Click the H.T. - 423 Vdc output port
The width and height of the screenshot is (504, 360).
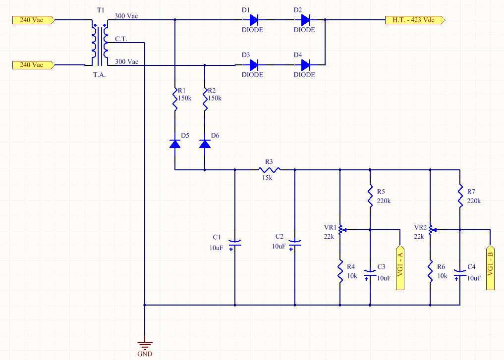415,20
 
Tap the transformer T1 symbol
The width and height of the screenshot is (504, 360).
100,43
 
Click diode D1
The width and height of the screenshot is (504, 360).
254,20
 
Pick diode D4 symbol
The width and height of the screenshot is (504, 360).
305,65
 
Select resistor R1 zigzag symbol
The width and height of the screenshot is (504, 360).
175,100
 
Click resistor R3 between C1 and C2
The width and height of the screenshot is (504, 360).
270,169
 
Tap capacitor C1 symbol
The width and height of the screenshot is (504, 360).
234,245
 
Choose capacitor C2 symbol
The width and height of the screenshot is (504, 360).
295,245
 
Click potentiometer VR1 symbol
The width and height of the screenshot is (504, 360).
341,230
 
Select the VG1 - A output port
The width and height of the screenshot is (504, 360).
400,268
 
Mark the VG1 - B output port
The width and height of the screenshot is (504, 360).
490,268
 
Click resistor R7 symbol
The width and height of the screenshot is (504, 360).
460,196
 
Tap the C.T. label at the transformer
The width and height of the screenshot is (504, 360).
121,39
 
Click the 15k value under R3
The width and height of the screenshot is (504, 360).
267,178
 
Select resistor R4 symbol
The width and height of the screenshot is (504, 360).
340,271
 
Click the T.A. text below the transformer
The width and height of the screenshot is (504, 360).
99,75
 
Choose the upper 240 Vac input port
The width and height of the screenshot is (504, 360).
33,20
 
